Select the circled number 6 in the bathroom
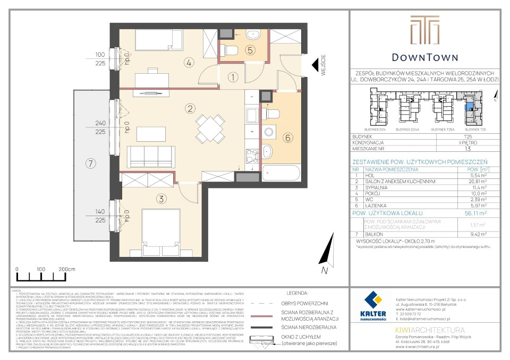click(x=287, y=138)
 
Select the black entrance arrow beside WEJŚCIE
click(x=316, y=65)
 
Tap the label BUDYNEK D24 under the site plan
click(x=374, y=129)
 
